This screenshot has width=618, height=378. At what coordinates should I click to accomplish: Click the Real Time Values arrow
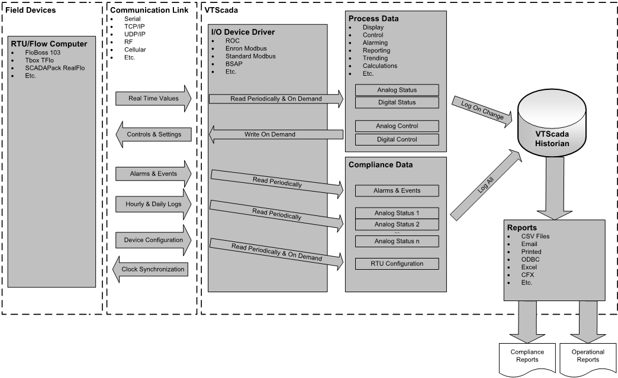point(153,98)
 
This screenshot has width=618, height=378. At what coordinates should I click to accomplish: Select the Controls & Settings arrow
point(153,134)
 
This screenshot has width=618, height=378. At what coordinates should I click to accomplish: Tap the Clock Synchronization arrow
point(150,269)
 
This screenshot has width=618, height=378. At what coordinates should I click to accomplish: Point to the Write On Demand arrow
point(276,134)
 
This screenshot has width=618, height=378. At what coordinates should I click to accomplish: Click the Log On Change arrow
point(482,111)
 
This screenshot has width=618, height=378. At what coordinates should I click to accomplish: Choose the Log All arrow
point(486,185)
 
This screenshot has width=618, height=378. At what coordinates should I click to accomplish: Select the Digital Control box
point(397,140)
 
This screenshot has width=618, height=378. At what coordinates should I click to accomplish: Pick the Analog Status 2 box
point(397,224)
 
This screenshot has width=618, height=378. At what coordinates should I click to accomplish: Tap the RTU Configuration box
point(397,264)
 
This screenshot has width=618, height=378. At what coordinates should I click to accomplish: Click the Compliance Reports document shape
point(527,359)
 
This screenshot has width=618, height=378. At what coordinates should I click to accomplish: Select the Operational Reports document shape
point(588,359)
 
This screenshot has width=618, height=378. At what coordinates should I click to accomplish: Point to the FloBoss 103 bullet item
point(43,53)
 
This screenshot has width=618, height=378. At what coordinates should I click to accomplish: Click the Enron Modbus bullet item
point(246,49)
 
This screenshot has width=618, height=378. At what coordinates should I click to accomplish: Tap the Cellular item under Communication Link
point(135,50)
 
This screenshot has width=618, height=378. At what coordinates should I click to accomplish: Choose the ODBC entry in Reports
point(530,260)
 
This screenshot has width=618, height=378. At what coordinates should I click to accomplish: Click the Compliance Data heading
point(381,165)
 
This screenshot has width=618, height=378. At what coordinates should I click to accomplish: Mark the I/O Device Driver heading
point(243,33)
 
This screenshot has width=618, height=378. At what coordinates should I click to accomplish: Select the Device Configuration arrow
point(153,240)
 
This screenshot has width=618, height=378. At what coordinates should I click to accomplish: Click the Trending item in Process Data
point(375,59)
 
